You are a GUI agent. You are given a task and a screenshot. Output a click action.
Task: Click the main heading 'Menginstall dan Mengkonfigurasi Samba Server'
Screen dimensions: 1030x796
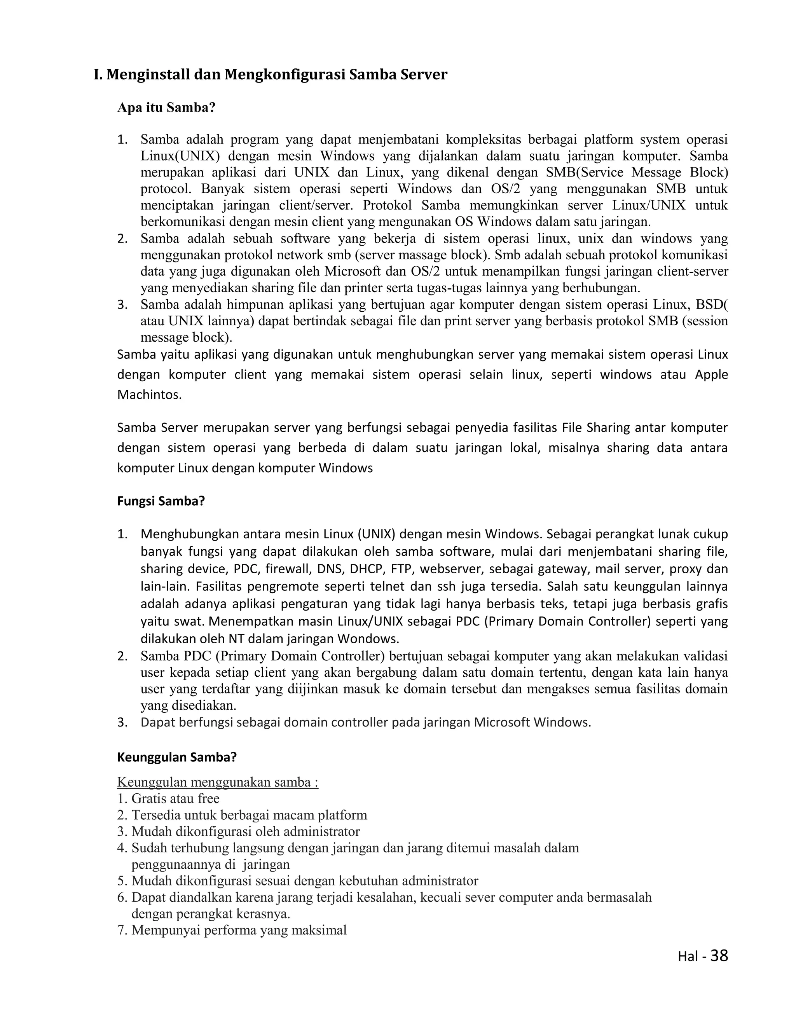point(270,75)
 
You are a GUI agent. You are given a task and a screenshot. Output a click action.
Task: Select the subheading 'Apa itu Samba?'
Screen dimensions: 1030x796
point(166,108)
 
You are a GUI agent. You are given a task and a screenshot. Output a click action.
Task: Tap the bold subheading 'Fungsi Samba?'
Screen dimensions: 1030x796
point(161,501)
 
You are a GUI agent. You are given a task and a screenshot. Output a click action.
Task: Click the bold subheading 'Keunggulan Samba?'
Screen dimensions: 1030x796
point(176,758)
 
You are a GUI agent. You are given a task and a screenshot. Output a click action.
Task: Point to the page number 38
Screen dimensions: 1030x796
point(719,956)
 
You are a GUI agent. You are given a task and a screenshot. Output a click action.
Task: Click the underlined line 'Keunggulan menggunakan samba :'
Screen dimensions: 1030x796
point(217,782)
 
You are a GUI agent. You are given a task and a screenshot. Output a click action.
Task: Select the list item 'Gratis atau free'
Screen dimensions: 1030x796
point(175,798)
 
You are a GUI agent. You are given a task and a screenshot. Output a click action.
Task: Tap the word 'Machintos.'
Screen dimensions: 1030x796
point(149,395)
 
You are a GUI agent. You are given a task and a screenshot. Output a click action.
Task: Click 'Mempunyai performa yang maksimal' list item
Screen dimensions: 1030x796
point(239,930)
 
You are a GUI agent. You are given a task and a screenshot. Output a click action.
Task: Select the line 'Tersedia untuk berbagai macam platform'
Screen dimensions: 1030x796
point(249,815)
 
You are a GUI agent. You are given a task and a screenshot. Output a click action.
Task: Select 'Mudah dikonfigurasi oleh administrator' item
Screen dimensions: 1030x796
point(245,831)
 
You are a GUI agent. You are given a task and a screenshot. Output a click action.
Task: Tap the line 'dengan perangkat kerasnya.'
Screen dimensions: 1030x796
point(210,914)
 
